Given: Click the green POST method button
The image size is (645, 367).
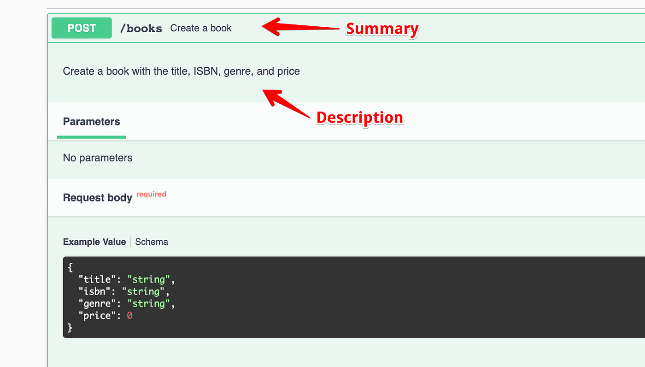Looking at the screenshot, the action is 82,28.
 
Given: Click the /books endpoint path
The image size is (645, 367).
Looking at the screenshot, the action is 141,28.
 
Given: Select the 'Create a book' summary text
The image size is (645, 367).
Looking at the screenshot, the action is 201,28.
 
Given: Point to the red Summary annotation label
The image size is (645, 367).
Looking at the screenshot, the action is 382,29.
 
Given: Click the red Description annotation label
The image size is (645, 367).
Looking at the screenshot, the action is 359,118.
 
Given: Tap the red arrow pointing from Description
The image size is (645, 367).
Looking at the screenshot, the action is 286,104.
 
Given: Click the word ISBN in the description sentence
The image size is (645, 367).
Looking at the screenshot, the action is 206,71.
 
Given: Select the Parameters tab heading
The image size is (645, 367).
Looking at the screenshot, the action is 91,122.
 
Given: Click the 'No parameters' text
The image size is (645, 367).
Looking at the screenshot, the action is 98,158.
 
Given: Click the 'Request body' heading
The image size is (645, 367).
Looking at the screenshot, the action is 98,198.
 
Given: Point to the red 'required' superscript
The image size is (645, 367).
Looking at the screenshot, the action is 151,194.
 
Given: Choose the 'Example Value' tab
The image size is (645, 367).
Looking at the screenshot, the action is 94,242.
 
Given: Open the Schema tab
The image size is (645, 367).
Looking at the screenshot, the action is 152,242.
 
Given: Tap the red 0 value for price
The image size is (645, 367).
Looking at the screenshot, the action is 129,315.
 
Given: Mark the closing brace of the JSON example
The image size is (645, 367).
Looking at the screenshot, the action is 70,327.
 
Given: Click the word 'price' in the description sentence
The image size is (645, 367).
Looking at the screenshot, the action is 288,71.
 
